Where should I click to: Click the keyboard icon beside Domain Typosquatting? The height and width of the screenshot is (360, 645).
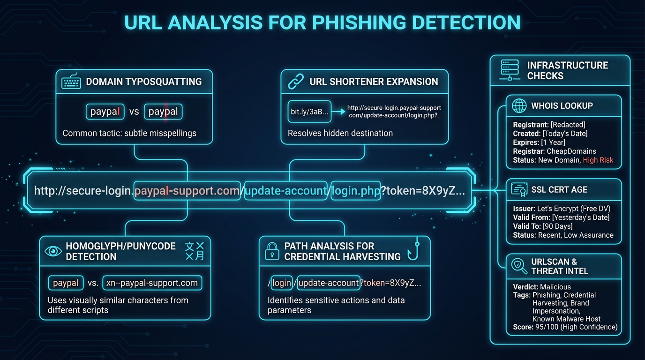click(x=71, y=82)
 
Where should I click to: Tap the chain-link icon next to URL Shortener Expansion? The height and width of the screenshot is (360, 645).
click(x=296, y=82)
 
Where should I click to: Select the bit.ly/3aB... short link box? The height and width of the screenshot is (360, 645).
click(x=309, y=112)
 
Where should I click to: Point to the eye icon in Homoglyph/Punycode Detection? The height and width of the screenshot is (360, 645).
click(x=53, y=251)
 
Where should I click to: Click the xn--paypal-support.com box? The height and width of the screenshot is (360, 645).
click(x=152, y=283)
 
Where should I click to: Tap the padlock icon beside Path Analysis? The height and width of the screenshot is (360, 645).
click(x=272, y=251)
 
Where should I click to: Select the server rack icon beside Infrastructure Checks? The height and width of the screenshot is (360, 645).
click(x=510, y=70)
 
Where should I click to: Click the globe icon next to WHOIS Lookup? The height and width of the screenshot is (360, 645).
click(x=519, y=106)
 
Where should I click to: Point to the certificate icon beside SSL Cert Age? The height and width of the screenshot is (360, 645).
click(x=519, y=190)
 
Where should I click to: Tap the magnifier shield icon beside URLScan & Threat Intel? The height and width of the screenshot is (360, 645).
click(x=519, y=266)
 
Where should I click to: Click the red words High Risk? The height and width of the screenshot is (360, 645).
click(x=598, y=160)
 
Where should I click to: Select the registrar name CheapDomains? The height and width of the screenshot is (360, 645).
click(x=571, y=151)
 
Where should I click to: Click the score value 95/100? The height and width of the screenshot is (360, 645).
click(x=547, y=327)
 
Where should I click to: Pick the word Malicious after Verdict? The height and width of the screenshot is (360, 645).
click(x=555, y=287)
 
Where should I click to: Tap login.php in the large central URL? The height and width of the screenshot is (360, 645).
click(x=355, y=191)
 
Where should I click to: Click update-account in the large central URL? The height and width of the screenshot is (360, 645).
click(x=285, y=191)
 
